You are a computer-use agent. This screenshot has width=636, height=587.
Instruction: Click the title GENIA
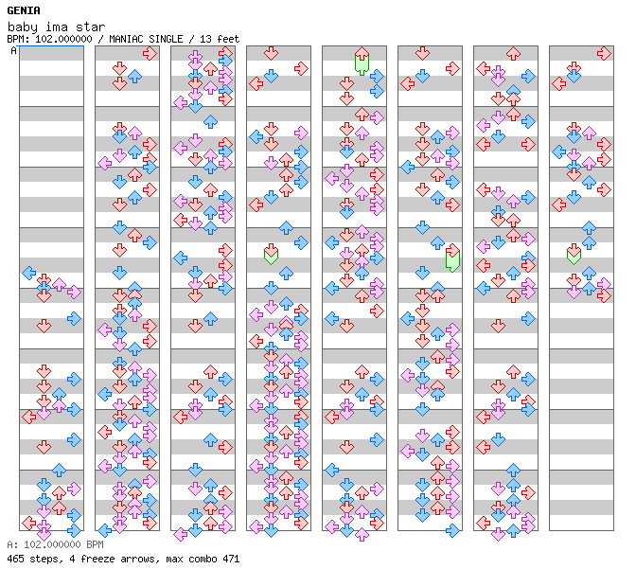coord(24,10)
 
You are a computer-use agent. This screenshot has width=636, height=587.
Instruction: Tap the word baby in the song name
coord(23,27)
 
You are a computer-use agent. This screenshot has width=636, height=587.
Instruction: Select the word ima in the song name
coord(57,27)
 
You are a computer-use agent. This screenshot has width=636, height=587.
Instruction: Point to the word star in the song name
coord(90,27)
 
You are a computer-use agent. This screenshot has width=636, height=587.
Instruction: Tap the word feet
coord(228,39)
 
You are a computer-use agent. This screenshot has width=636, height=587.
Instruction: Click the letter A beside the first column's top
coord(13,51)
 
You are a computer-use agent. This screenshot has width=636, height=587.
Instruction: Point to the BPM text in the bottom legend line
coord(95,544)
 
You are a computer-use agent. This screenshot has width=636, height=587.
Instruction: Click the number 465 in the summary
coord(15,559)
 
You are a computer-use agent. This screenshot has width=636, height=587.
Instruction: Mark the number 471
coord(231,559)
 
